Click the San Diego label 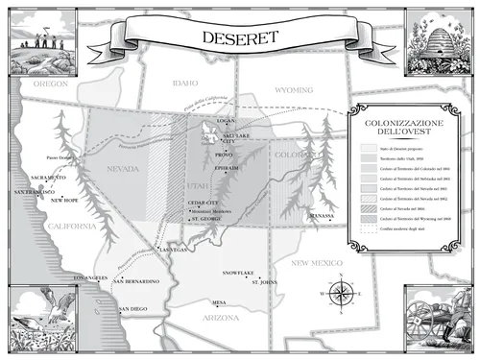point(132,308)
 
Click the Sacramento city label point(48,178)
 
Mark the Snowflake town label point(238,273)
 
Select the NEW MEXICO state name point(318,262)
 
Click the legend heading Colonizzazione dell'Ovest point(396,130)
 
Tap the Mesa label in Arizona point(219,301)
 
